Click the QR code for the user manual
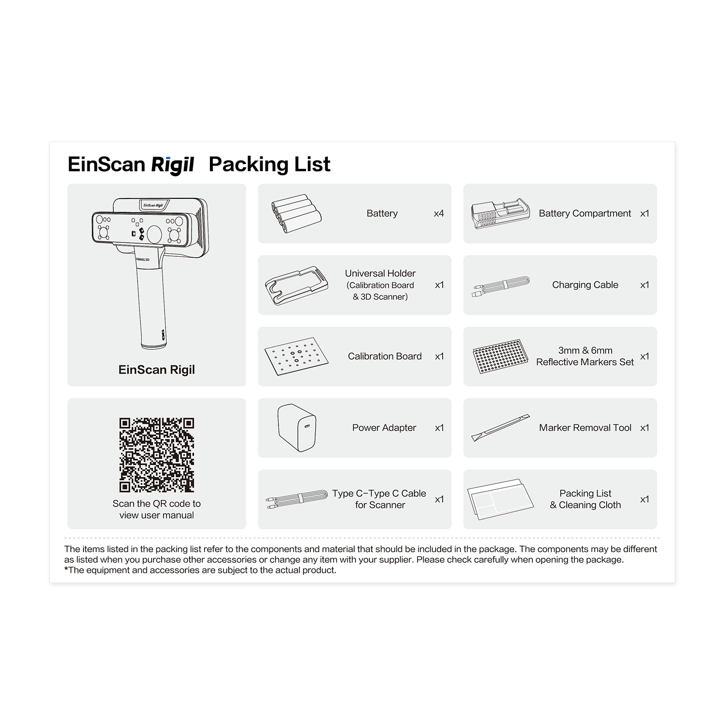point(156,455)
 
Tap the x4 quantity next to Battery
point(439,213)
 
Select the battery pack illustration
point(296,214)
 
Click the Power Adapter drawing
point(297,428)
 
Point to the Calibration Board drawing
point(296,356)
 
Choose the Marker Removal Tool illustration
point(501,428)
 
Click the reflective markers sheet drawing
point(500,356)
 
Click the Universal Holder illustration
point(296,285)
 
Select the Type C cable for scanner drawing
point(296,499)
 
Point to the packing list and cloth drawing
point(501,499)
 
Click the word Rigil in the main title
point(172,165)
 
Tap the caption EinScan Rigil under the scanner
point(157,370)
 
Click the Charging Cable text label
point(585,285)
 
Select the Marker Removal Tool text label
point(585,428)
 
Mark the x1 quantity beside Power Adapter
point(439,428)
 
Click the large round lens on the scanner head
point(154,234)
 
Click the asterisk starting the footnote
point(66,569)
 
